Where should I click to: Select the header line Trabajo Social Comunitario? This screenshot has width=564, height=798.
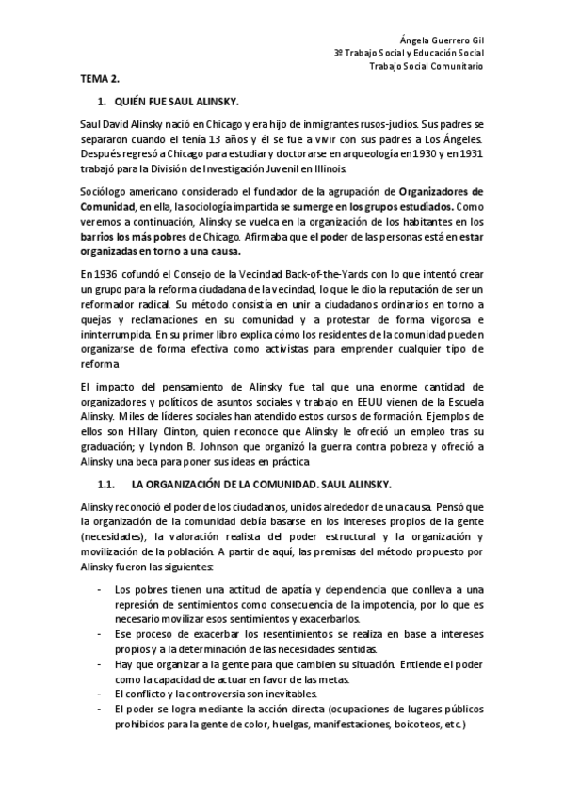tap(427, 67)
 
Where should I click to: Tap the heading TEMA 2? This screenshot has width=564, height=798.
tap(99, 82)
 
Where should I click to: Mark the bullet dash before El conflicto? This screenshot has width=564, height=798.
tap(101, 694)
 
